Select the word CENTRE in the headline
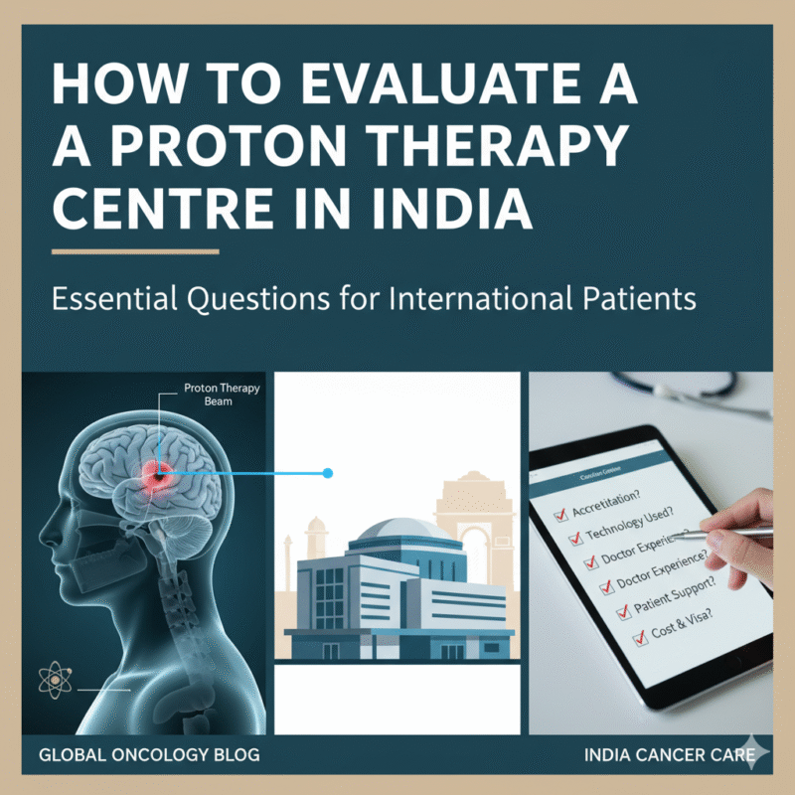[160, 208]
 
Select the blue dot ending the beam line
[327, 473]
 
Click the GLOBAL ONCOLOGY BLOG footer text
[149, 755]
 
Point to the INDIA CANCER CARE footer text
[652, 755]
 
